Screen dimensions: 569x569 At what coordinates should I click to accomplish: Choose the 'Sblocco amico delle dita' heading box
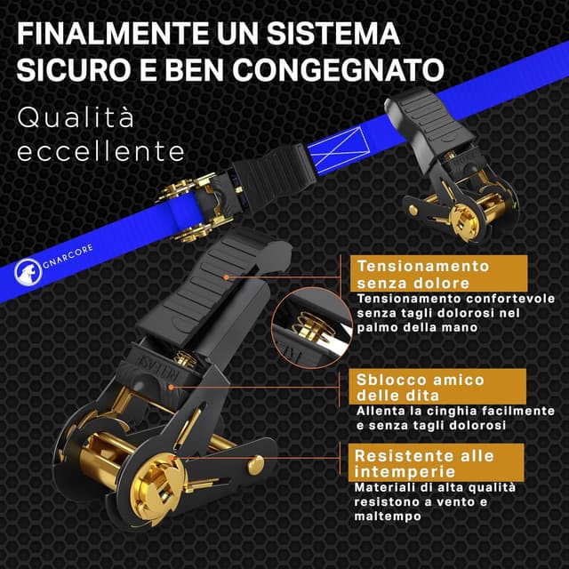pyautogui.click(x=419, y=387)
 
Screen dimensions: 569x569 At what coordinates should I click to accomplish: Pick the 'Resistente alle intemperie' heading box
pyautogui.click(x=423, y=463)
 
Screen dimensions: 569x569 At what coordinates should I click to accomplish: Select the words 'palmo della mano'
pyautogui.click(x=418, y=328)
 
